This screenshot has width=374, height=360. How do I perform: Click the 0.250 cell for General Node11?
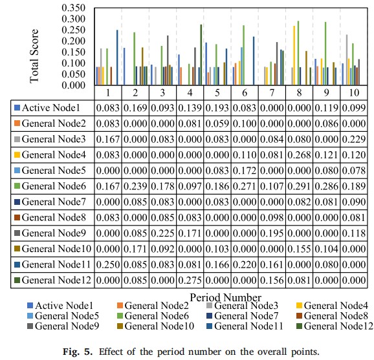(108, 264)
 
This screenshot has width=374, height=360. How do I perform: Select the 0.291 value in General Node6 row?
(299, 186)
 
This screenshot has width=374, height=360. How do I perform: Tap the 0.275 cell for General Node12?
(190, 280)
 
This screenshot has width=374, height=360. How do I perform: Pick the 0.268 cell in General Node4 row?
(299, 155)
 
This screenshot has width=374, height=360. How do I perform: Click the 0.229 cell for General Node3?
(354, 139)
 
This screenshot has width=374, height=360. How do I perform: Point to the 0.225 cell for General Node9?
(162, 233)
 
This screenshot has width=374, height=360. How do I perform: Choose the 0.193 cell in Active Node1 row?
(217, 108)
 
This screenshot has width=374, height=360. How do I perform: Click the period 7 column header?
(272, 92)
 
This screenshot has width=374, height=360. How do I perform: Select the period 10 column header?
(354, 92)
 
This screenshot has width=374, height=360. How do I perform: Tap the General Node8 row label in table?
(54, 217)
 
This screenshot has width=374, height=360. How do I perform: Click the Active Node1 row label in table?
(50, 108)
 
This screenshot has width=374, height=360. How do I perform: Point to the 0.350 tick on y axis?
(73, 8)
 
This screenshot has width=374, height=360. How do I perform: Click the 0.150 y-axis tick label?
(73, 52)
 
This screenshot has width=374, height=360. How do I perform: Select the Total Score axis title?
(34, 56)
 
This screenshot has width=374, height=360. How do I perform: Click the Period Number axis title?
(225, 297)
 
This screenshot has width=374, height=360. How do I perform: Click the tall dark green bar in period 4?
(201, 54)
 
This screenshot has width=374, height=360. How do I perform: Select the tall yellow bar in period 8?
(294, 56)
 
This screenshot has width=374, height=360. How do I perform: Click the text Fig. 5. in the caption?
(77, 352)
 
